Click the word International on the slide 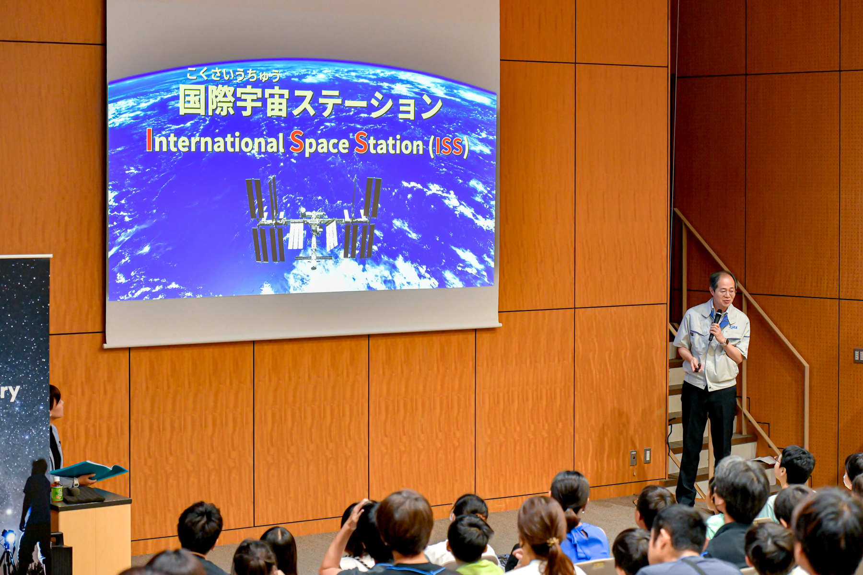215,142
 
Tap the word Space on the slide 319,143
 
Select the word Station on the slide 389,144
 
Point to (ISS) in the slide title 449,146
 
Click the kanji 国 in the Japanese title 192,101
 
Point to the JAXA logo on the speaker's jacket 734,327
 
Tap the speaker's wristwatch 726,342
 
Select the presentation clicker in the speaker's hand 698,368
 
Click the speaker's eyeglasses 725,289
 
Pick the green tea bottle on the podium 57,489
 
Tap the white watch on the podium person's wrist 76,482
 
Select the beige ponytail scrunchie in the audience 553,541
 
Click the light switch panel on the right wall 858,355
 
